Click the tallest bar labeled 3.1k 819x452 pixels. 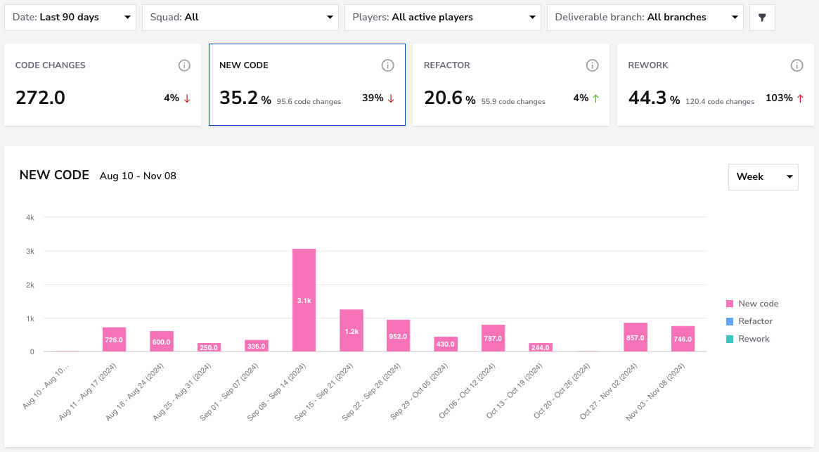(304, 300)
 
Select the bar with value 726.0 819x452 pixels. (114, 339)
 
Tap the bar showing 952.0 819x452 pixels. (398, 335)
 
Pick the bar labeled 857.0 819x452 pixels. (635, 337)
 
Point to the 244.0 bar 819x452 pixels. (540, 347)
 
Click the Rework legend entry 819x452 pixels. (747, 339)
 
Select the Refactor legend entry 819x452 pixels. (749, 321)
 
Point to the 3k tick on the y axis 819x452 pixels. (30, 252)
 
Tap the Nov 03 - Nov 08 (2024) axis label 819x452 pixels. (655, 392)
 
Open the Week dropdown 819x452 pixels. (763, 176)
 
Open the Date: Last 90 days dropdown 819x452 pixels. (70, 18)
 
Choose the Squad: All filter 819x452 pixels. (240, 18)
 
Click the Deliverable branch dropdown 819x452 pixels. (645, 18)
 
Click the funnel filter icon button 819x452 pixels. (762, 18)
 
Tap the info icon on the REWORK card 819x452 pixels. (797, 65)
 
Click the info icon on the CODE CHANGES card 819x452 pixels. (184, 65)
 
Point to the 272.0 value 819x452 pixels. (40, 98)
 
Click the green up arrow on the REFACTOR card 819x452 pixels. (595, 98)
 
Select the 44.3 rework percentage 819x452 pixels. (647, 98)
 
